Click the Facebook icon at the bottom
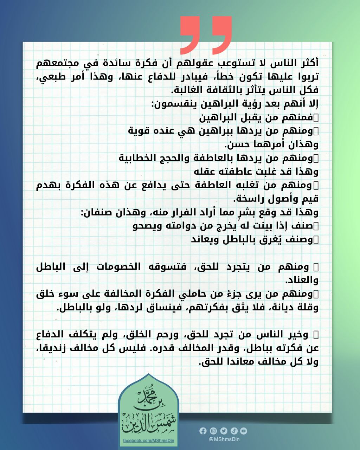203,431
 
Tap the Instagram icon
213,431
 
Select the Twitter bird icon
224,431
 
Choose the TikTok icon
234,431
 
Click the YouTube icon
244,431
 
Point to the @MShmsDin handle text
224,439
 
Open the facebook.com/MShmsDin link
149,441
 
